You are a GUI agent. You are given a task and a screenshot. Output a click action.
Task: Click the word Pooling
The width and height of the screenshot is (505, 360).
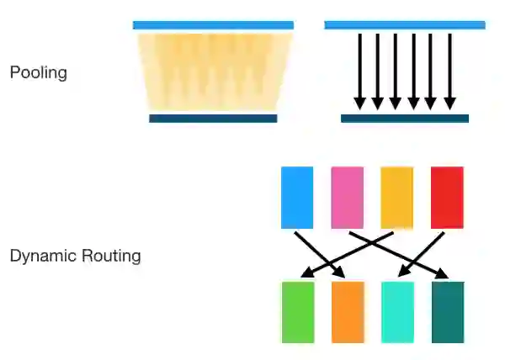38,73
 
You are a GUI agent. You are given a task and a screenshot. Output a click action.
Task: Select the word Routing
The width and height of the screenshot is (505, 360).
110,256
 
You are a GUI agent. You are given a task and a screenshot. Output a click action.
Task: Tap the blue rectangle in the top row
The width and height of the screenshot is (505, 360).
297,197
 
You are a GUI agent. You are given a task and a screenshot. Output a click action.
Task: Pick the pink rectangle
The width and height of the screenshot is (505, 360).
347,197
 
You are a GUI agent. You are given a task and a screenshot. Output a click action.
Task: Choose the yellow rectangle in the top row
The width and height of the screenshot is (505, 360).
396,197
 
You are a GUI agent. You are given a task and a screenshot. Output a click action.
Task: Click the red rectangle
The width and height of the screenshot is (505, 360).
447,197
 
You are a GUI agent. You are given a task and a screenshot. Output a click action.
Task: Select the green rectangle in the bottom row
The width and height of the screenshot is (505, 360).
297,312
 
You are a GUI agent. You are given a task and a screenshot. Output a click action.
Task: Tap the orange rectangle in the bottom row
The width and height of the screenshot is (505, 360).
348,312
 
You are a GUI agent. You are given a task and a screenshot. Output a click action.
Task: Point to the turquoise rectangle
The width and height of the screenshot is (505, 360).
397,312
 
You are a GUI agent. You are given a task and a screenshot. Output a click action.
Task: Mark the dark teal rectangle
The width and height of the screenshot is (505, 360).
448,312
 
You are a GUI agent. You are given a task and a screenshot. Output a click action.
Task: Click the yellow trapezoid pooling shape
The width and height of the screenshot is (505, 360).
213,71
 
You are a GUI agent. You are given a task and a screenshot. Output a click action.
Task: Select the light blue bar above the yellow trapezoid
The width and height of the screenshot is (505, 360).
213,25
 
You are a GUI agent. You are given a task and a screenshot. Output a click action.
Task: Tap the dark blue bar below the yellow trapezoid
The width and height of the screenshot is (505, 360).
213,119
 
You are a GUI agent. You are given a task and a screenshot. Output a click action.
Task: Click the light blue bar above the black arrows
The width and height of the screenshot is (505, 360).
405,25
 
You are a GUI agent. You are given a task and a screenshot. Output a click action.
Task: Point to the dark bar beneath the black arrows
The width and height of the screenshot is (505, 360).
405,119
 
